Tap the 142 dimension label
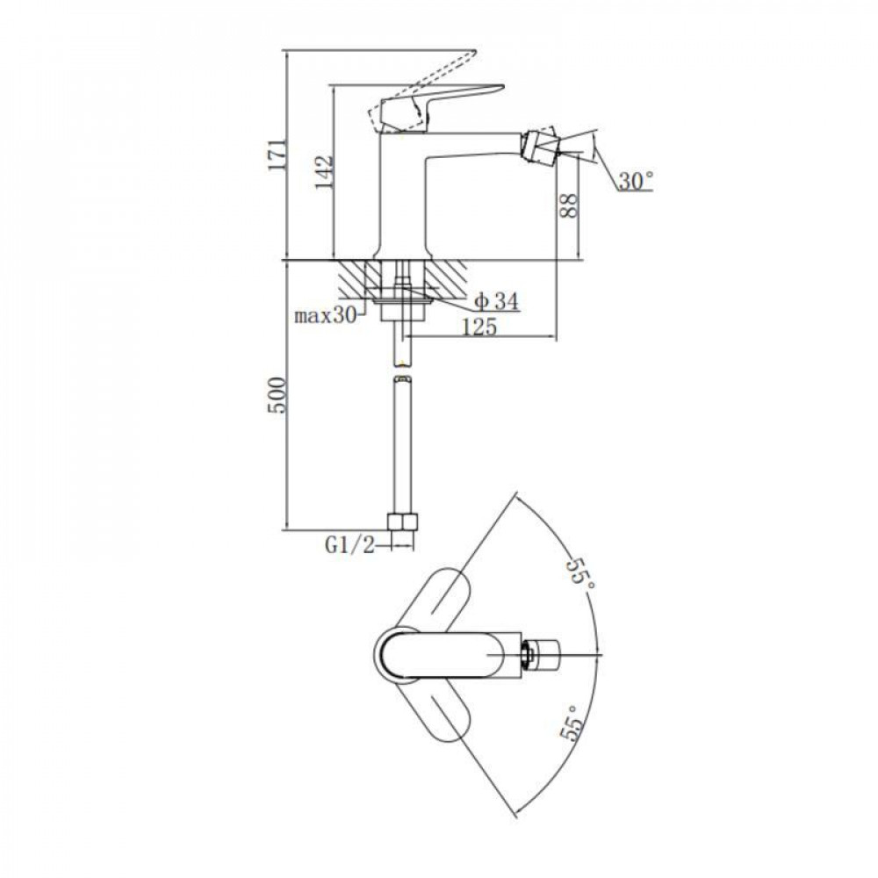tap(324, 171)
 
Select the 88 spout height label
tap(568, 205)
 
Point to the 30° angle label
tap(636, 180)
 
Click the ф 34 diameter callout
tap(497, 302)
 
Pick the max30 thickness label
tap(326, 316)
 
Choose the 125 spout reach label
tap(479, 327)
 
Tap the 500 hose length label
tap(277, 395)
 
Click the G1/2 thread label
tap(350, 545)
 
